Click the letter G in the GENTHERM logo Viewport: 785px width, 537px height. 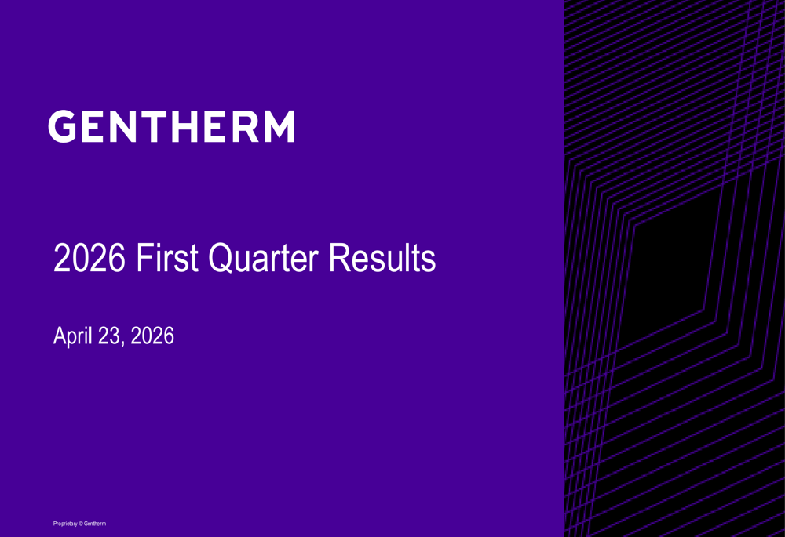[62, 126]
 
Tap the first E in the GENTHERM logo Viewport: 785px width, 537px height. [92, 126]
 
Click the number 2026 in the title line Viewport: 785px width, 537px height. [89, 258]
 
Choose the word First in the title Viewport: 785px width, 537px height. [167, 258]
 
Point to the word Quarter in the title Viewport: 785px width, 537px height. [263, 259]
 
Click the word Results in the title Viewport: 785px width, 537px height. [382, 258]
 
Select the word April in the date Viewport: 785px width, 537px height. [72, 336]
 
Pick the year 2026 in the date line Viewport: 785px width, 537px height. [152, 336]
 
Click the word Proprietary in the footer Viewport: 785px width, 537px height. [65, 524]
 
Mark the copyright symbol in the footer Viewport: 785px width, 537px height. [81, 524]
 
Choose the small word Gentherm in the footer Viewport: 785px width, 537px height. [95, 524]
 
